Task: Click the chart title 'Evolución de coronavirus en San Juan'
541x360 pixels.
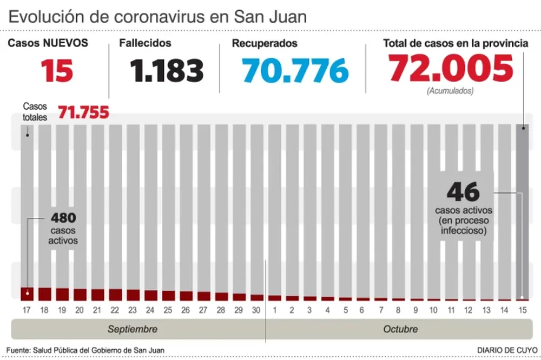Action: click(x=157, y=16)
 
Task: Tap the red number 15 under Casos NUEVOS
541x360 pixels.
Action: click(x=57, y=70)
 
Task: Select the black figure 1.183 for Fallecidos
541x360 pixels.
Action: click(x=167, y=70)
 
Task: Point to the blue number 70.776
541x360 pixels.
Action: click(x=295, y=70)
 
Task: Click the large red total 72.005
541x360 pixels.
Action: click(x=451, y=69)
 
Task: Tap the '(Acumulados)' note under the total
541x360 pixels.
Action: click(x=450, y=91)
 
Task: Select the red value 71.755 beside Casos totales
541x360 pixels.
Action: click(x=83, y=112)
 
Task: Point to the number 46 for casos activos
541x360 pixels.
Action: click(x=463, y=192)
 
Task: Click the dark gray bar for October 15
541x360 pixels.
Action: click(x=523, y=211)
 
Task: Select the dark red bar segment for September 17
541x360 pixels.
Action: click(x=27, y=294)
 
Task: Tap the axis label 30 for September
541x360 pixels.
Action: click(x=256, y=310)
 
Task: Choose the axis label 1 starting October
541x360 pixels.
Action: click(x=274, y=310)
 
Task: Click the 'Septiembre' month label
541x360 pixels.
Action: click(x=133, y=329)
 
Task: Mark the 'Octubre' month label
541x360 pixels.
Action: click(x=400, y=329)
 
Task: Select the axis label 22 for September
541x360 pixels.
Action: click(x=115, y=310)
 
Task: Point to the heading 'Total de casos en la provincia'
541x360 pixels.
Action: click(x=456, y=43)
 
